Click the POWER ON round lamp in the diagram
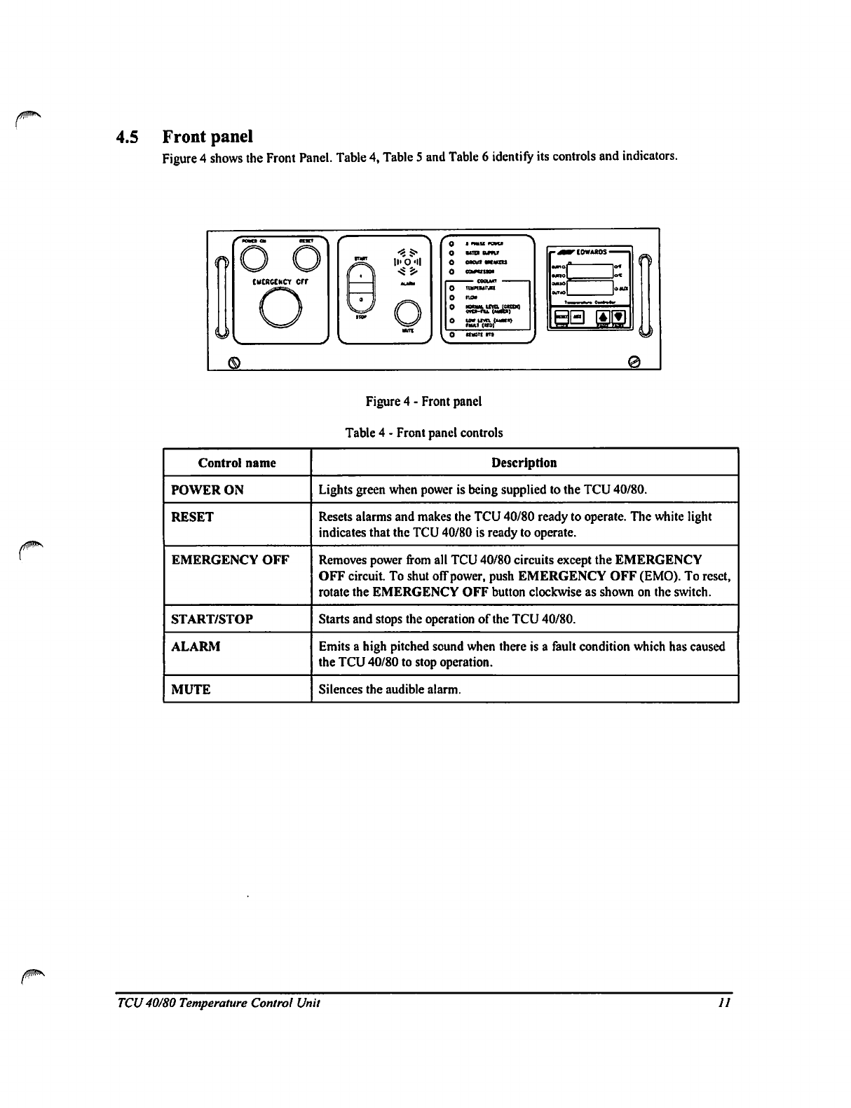click(x=252, y=262)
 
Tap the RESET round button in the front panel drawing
click(x=308, y=262)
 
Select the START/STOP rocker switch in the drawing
click(x=362, y=288)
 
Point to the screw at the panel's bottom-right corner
click(x=634, y=361)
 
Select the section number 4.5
click(x=130, y=136)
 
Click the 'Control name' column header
click(x=237, y=463)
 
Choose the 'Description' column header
click(x=524, y=463)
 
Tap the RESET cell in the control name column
click(x=193, y=517)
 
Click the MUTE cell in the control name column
click(x=191, y=689)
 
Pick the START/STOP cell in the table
click(x=212, y=619)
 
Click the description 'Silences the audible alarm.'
click(x=390, y=689)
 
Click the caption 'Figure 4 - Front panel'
click(x=423, y=402)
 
